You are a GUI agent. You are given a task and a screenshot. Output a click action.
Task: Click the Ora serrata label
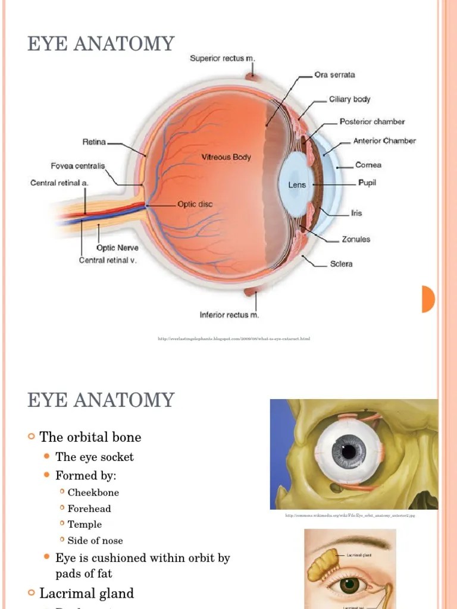[334, 75]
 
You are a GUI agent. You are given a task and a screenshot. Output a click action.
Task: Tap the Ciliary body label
[349, 99]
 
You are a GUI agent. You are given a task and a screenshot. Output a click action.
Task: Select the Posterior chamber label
[372, 121]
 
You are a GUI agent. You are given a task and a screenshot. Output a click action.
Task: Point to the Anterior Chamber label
[384, 141]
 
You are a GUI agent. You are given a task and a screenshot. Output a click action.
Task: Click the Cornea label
[368, 165]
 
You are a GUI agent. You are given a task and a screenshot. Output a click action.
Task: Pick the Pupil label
[367, 183]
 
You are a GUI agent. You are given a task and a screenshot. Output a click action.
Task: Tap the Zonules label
[356, 239]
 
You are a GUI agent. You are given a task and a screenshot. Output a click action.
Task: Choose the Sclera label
[341, 263]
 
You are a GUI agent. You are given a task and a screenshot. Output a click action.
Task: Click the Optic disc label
[195, 204]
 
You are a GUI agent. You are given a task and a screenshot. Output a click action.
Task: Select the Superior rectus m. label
[222, 58]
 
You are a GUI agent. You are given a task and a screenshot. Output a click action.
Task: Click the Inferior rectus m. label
[229, 315]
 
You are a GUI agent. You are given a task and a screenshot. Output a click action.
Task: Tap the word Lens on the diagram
[297, 185]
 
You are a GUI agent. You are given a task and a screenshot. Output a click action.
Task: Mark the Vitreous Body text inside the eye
[226, 158]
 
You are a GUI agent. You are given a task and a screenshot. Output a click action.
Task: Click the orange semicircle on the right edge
[428, 299]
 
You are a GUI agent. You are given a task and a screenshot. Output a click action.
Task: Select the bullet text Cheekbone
[93, 492]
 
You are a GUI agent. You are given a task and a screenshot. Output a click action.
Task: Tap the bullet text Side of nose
[95, 541]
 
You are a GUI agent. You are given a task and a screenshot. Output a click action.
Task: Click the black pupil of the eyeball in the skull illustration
[349, 451]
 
